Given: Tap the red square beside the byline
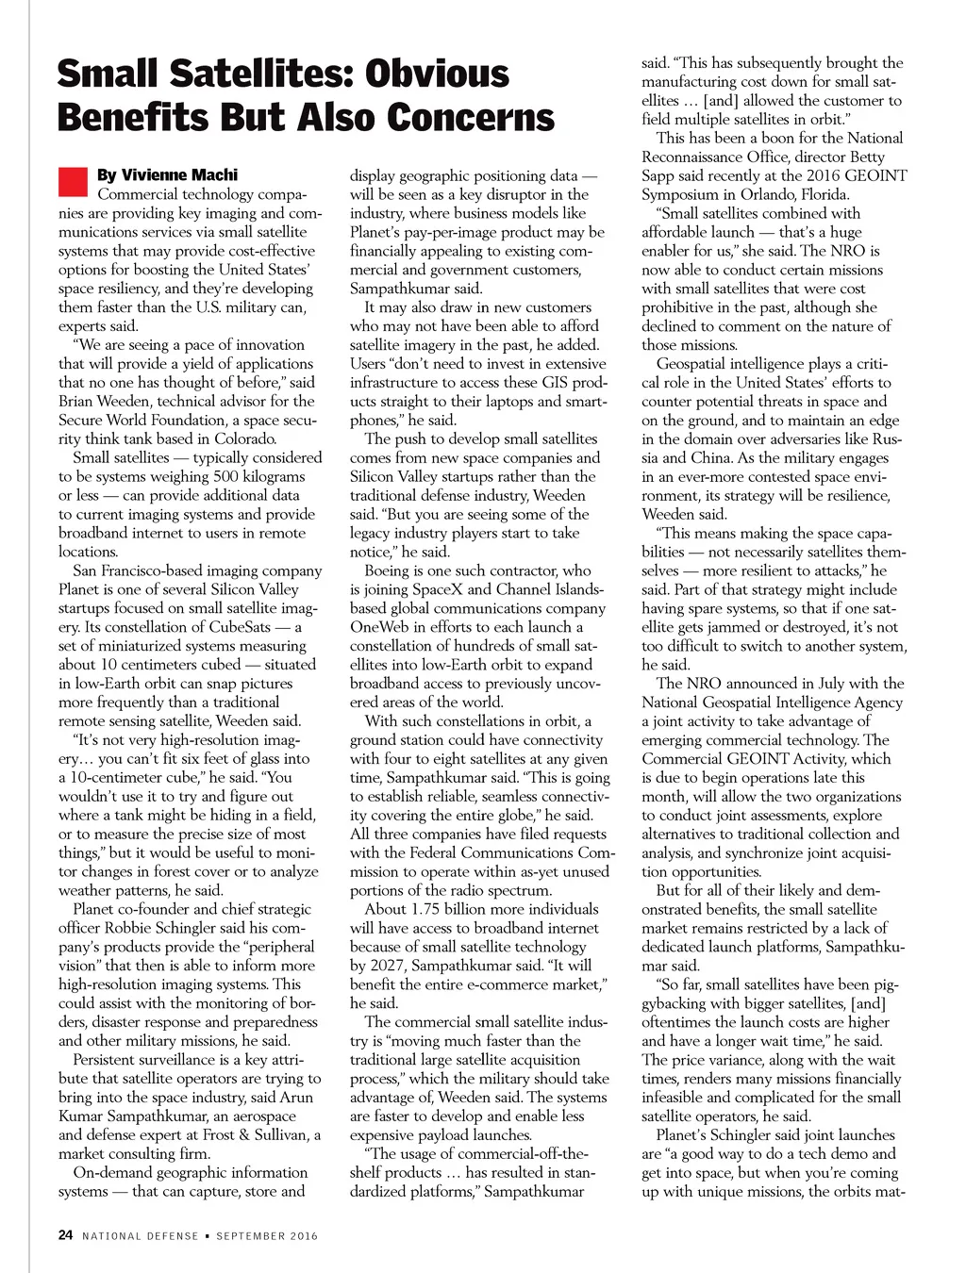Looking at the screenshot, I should coord(73,180).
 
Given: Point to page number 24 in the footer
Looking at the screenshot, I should coord(65,1235).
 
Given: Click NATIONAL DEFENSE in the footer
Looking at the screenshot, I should coord(141,1236).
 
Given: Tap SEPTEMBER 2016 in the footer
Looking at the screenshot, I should coord(267,1236).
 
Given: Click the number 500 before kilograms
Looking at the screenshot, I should coord(226,476).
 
